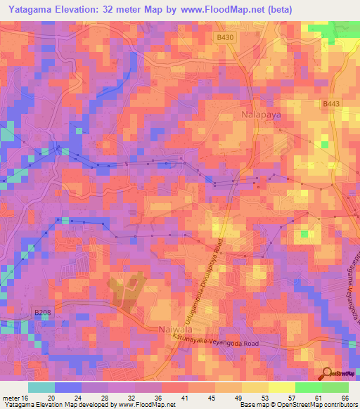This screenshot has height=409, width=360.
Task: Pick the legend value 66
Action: (345, 397)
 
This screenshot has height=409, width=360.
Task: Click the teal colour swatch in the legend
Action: (41, 387)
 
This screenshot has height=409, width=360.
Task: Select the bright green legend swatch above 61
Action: (308, 387)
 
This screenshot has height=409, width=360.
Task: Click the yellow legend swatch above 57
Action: (281, 387)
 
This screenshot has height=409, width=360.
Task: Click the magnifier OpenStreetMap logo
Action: (326, 374)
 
